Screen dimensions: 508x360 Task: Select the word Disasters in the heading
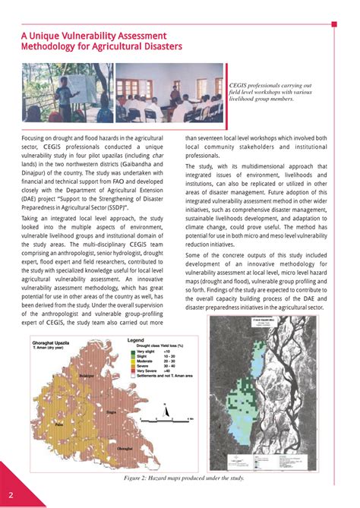click(x=157, y=48)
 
